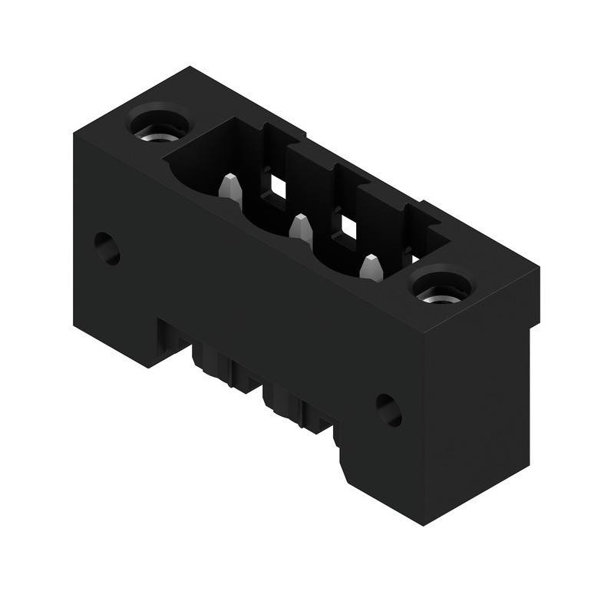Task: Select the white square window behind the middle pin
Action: (x=349, y=226)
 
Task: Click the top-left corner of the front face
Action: (x=74, y=135)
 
